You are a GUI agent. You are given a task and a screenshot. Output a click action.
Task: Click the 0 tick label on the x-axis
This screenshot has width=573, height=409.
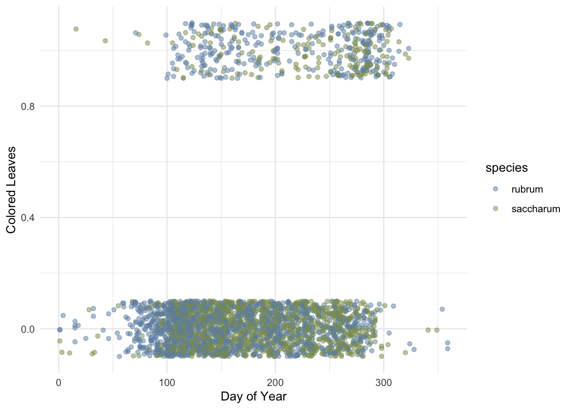(59, 383)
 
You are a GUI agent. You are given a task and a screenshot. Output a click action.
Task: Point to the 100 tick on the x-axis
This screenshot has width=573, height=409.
(167, 383)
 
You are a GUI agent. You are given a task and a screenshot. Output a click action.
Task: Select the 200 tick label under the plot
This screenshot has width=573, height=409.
(275, 383)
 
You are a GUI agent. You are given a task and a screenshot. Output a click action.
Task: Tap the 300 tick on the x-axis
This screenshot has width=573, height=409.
(384, 383)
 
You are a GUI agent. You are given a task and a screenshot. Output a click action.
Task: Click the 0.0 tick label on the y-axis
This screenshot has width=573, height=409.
(28, 329)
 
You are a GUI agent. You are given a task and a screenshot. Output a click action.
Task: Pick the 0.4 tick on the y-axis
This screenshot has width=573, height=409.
(28, 218)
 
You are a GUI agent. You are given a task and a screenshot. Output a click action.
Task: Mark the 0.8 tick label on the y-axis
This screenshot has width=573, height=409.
(28, 107)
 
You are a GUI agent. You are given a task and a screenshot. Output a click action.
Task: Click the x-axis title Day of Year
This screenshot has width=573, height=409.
(254, 397)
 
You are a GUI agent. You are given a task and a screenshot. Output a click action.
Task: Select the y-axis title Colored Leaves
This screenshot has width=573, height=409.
(12, 190)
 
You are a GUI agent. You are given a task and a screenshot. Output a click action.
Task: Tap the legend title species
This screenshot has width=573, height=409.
(506, 168)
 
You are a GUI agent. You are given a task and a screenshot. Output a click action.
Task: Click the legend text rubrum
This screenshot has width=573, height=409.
(527, 190)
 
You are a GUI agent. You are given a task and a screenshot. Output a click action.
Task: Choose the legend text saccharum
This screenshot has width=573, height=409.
(535, 209)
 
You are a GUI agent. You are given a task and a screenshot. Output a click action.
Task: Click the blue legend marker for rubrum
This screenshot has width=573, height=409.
(495, 189)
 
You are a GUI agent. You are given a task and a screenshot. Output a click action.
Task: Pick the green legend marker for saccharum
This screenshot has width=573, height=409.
(495, 209)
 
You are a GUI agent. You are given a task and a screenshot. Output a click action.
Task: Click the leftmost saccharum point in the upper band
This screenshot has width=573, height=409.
(76, 29)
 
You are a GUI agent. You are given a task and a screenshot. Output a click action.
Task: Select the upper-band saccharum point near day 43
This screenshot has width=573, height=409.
(105, 41)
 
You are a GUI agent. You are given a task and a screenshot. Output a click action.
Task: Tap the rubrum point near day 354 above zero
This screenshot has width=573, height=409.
(442, 309)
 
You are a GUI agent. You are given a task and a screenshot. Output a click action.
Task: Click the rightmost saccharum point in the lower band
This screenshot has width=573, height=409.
(437, 330)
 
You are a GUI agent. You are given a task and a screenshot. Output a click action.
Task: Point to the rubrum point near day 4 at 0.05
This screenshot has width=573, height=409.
(63, 316)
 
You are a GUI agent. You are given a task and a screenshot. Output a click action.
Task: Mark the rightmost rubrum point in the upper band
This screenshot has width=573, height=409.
(408, 49)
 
